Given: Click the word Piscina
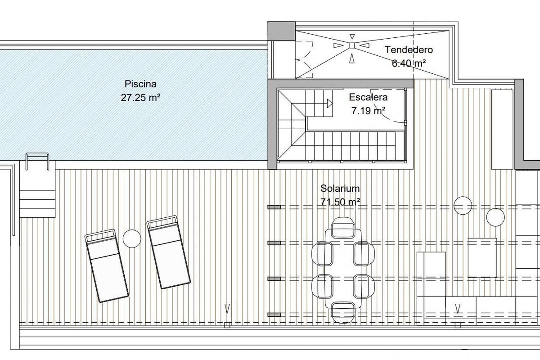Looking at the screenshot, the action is point(140,84).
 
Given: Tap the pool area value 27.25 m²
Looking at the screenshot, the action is point(140,98).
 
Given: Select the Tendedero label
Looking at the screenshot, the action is point(409,50).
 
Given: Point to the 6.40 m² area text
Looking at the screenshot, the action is point(409,63).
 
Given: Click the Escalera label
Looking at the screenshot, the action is point(368,97).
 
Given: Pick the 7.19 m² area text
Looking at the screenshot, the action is point(368,111).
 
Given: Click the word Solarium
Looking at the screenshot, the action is point(340,188).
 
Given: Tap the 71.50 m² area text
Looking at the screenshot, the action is point(340,202).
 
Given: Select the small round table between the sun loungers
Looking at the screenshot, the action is point(132,238).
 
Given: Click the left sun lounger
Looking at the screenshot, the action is point(107,265).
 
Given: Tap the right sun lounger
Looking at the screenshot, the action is point(169,252).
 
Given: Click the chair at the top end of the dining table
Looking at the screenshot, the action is point(343,228).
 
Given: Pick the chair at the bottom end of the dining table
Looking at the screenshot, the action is point(343,312).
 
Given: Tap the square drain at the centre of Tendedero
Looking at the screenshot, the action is point(352,45).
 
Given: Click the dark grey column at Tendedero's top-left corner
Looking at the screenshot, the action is point(282,31).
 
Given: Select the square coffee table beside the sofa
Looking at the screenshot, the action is point(482,258).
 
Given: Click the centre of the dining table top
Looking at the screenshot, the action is point(343,269).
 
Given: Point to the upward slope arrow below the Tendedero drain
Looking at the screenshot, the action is point(352,58).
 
